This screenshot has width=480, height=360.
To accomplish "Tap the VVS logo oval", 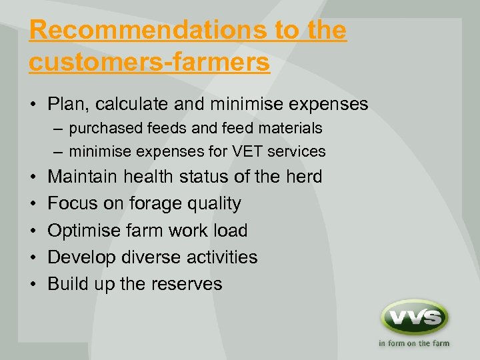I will click(x=414, y=317).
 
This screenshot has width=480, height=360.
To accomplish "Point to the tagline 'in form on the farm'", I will click(x=414, y=344).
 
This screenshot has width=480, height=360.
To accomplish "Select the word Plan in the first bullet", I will click(x=67, y=104).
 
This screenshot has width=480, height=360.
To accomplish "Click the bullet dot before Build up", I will click(x=33, y=284).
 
